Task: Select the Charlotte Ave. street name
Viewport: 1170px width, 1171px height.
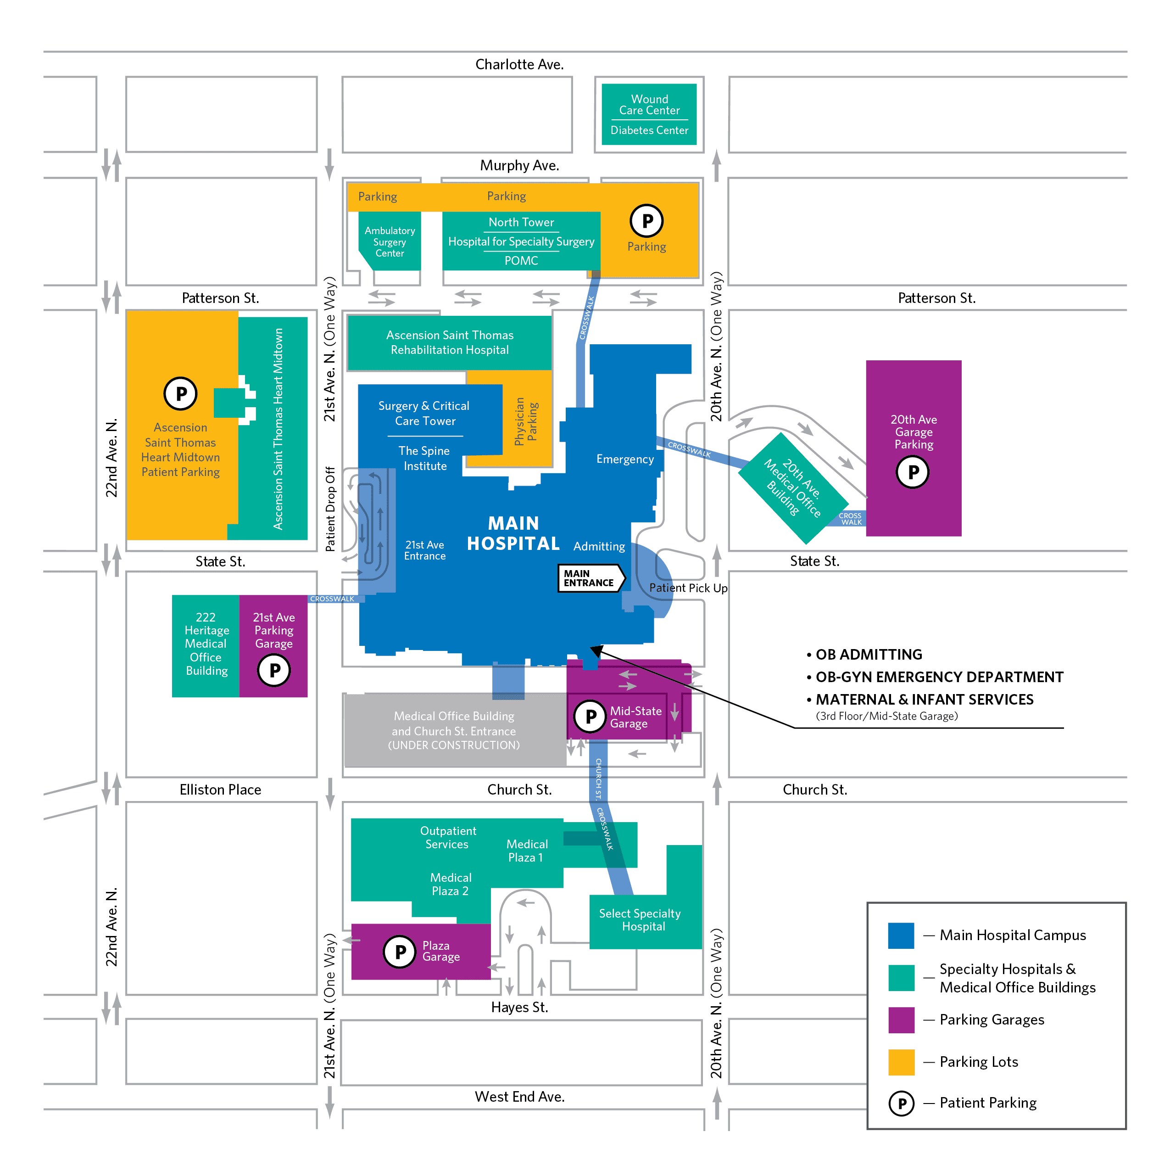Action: coord(519,64)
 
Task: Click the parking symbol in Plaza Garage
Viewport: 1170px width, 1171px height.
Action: coord(400,952)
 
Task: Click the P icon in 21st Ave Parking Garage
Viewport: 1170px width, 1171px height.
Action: coord(274,670)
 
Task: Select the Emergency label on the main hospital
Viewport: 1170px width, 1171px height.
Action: coord(624,459)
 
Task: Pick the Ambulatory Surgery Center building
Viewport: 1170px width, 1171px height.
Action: coord(390,242)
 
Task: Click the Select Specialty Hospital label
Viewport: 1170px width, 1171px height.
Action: coord(640,919)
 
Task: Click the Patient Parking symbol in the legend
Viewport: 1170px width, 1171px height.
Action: coord(901,1103)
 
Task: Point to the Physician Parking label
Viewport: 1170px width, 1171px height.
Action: coord(526,422)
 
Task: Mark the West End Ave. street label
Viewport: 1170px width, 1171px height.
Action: coord(519,1097)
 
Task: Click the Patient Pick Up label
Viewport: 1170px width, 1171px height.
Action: coord(688,588)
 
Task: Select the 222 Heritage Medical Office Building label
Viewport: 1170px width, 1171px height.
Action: coord(206,644)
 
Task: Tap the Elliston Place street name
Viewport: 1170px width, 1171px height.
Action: coord(220,790)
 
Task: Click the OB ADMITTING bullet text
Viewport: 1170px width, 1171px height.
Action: coord(868,655)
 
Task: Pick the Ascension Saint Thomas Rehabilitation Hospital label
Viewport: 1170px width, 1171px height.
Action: coord(450,342)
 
